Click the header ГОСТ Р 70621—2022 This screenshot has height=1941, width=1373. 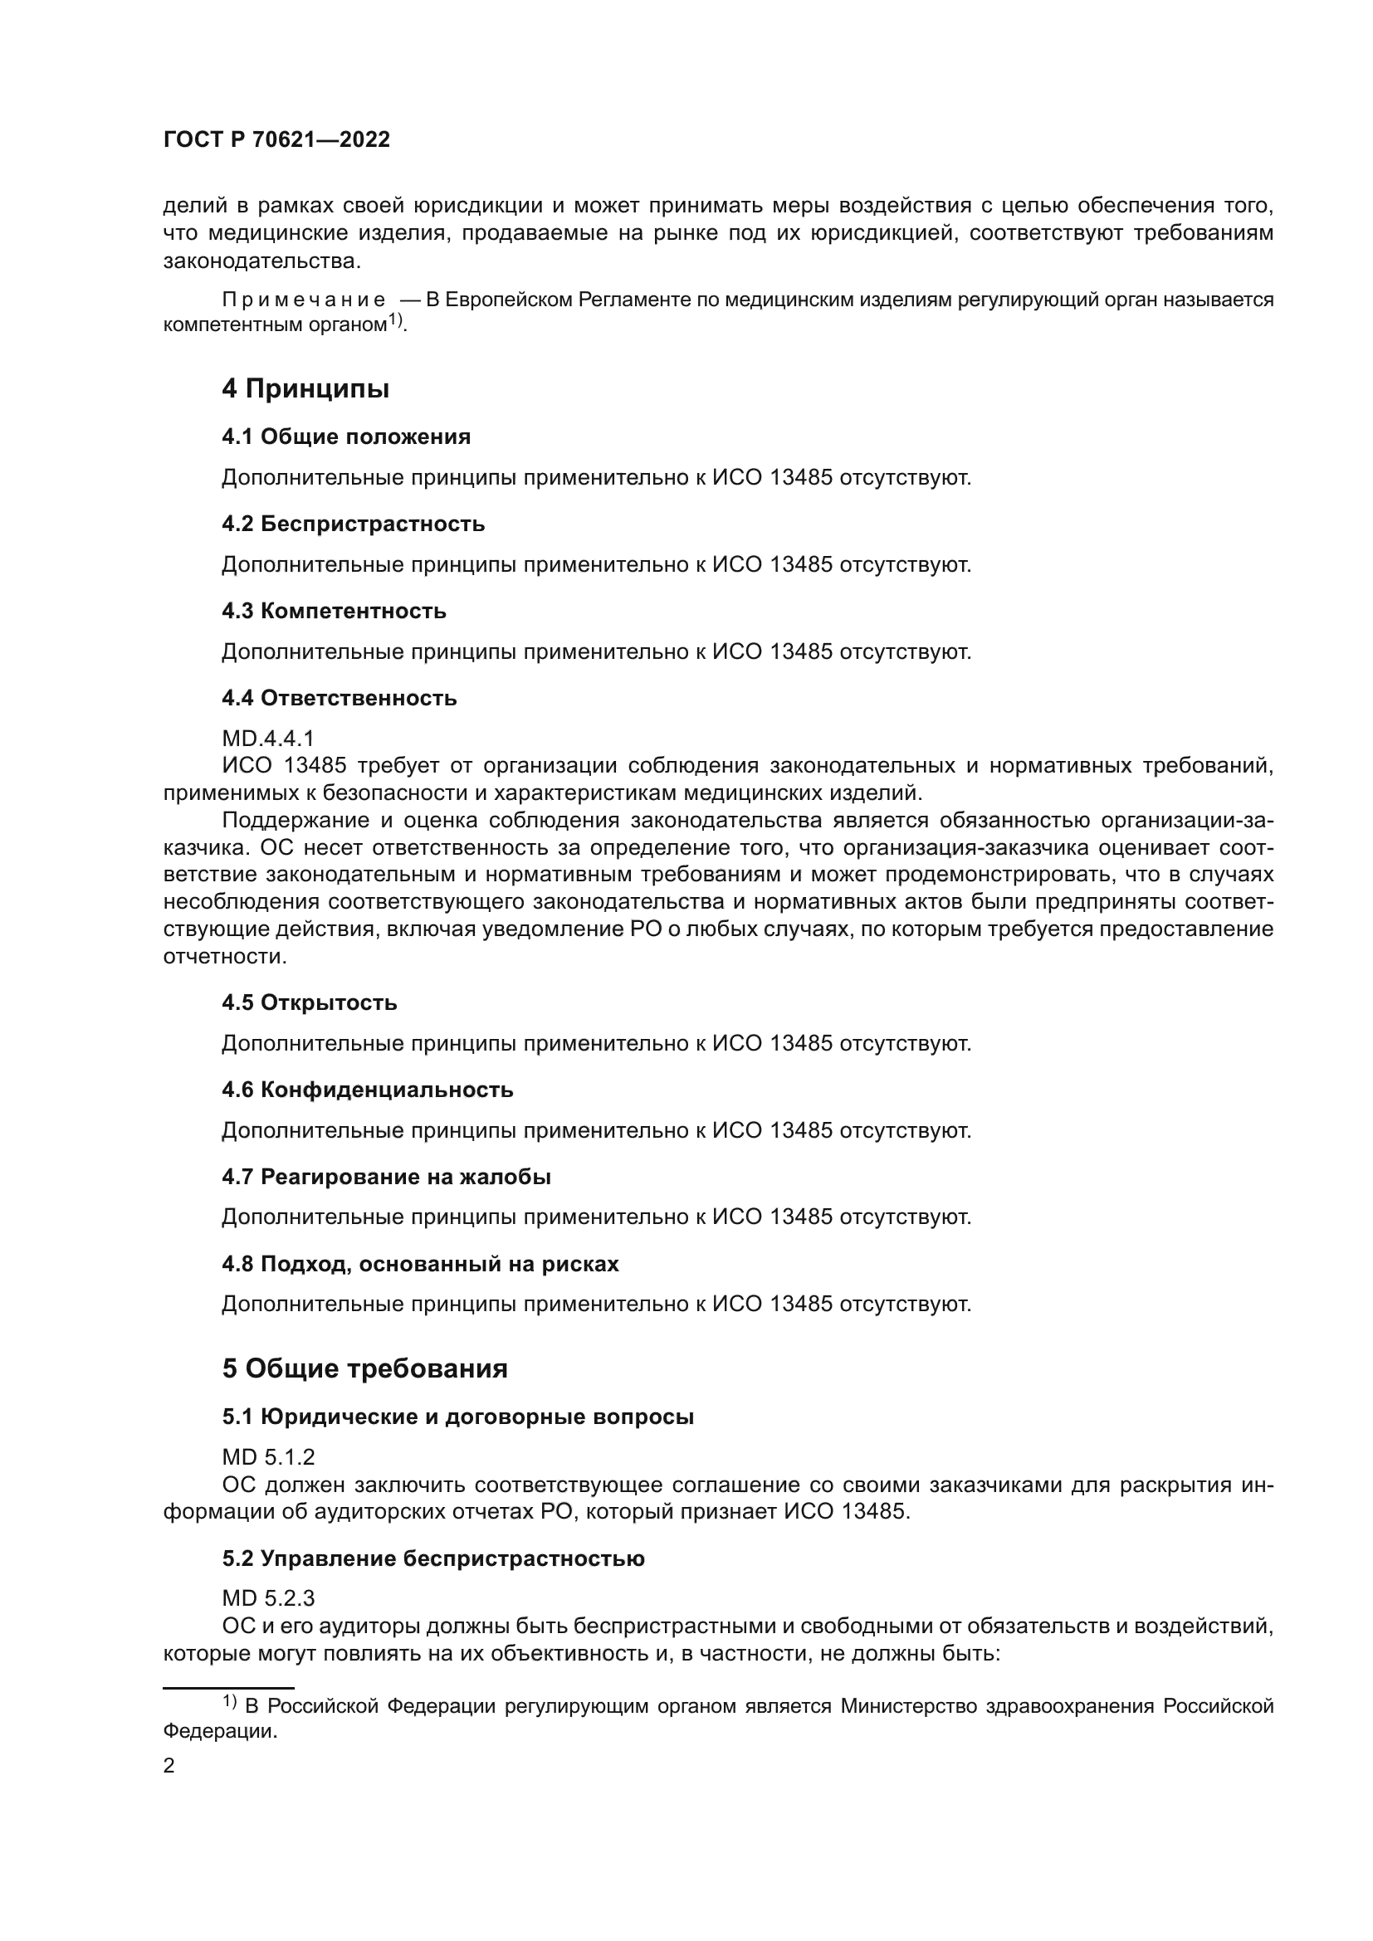[x=276, y=140]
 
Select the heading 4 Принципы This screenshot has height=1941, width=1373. [x=305, y=389]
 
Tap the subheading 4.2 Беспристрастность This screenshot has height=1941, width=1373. [x=353, y=524]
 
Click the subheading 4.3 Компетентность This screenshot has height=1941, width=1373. [x=334, y=612]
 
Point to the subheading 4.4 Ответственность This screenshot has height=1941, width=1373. [x=339, y=698]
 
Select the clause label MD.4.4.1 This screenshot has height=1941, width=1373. [x=268, y=739]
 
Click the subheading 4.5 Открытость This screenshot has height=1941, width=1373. [x=310, y=1002]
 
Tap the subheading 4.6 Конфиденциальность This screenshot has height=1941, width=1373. [x=368, y=1090]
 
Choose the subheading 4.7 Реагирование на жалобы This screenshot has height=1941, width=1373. [x=386, y=1177]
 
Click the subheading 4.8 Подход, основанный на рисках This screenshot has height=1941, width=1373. [x=420, y=1264]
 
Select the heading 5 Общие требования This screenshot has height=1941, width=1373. [x=364, y=1368]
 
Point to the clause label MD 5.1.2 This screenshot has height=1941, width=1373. [x=268, y=1456]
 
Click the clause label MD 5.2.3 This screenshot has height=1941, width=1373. [x=268, y=1597]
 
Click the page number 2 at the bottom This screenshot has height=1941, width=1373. [x=169, y=1766]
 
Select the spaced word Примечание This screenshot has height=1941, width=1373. [x=304, y=300]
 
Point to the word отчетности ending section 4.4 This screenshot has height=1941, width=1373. [x=222, y=957]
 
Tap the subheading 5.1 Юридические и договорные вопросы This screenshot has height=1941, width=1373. [x=457, y=1417]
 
